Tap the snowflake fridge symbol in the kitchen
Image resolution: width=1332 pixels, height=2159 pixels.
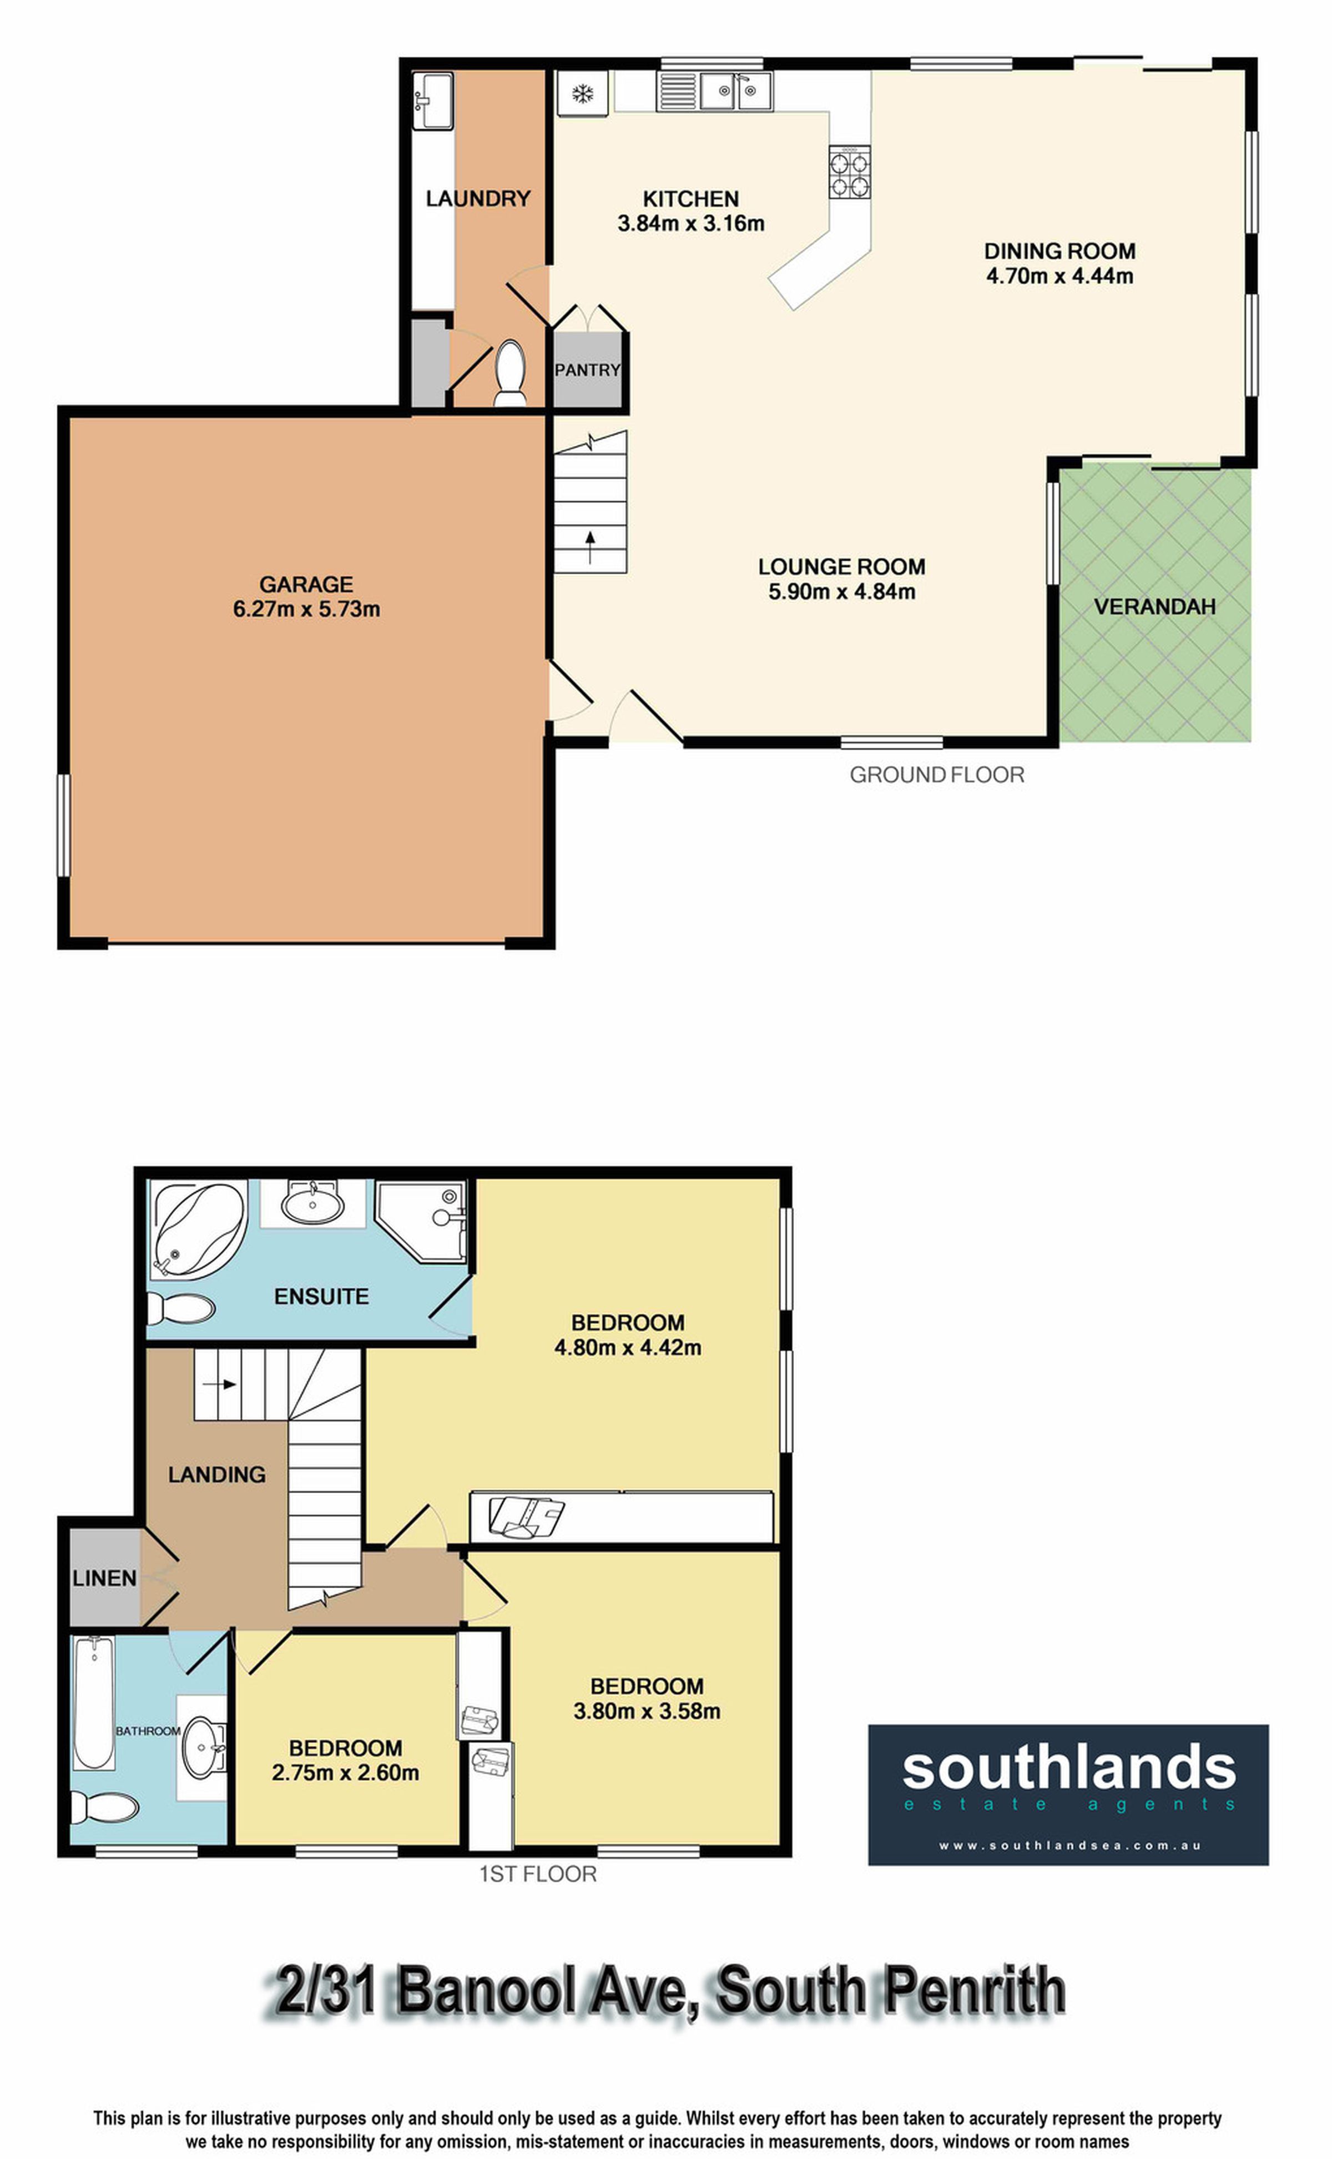pyautogui.click(x=582, y=93)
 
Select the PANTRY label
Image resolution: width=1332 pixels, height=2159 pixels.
pyautogui.click(x=588, y=370)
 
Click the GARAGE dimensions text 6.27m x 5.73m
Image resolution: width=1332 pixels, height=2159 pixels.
pyautogui.click(x=306, y=609)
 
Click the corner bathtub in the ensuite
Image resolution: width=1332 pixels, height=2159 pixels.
pyautogui.click(x=198, y=1228)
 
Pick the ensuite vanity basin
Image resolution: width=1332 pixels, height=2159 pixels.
pyautogui.click(x=314, y=1202)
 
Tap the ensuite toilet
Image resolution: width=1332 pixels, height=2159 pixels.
pyautogui.click(x=180, y=1308)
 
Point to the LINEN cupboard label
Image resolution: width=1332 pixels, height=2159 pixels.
pyautogui.click(x=104, y=1578)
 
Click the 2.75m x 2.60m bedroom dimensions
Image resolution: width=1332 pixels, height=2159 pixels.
pyautogui.click(x=345, y=1772)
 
